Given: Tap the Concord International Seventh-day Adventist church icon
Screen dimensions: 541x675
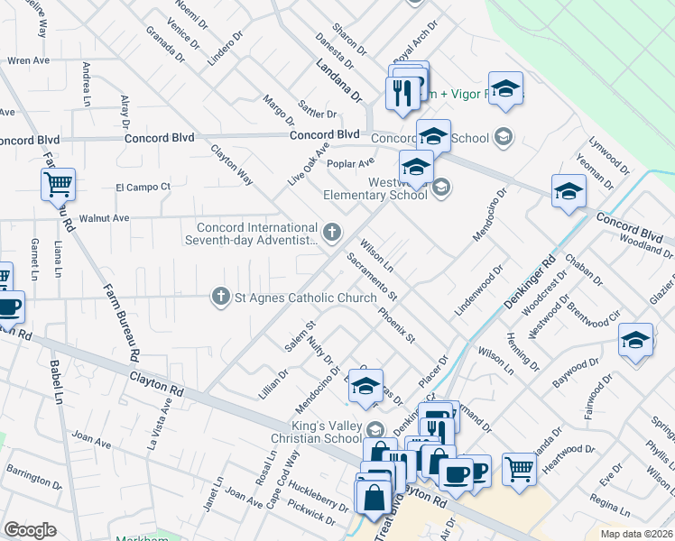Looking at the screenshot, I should click(x=333, y=234).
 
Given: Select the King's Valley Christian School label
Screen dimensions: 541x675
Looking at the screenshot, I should click(x=319, y=433).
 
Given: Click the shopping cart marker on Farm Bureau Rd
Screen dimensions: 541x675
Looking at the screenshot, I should click(x=58, y=185).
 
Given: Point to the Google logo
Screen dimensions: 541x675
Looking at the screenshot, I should click(x=30, y=530).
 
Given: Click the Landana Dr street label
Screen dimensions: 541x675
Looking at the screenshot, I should click(x=338, y=79).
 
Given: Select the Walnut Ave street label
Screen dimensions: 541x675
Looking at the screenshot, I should click(x=105, y=218).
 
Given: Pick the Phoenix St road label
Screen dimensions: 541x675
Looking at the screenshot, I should click(x=396, y=326).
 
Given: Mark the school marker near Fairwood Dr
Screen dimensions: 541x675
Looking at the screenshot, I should click(x=635, y=340).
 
